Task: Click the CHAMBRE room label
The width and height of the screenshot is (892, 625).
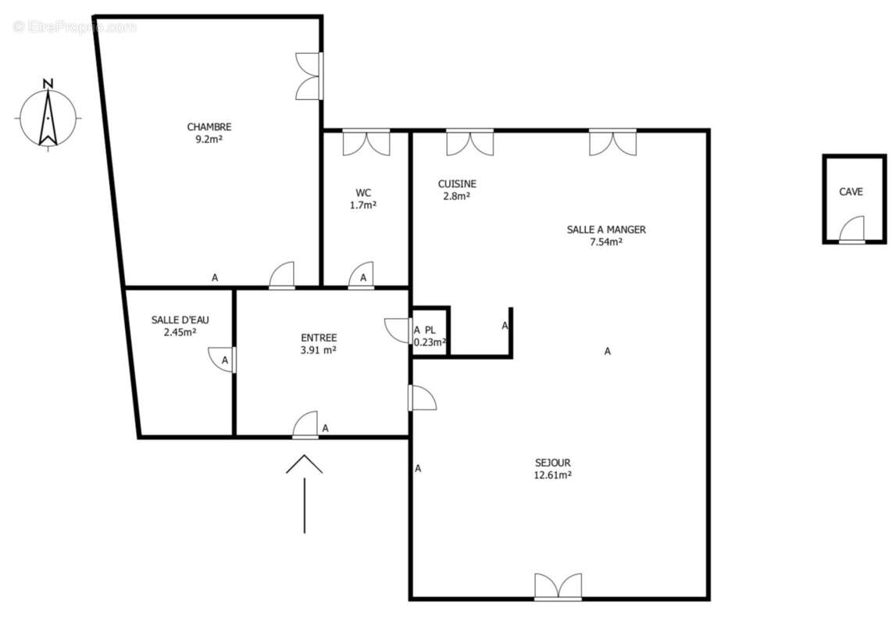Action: pos(209,127)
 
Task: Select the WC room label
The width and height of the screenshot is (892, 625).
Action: pos(363,192)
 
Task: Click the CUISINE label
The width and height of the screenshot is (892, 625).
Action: pos(457,184)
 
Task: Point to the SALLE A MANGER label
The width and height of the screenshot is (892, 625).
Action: pos(605,230)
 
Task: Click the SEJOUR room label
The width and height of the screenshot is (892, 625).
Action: pos(552,462)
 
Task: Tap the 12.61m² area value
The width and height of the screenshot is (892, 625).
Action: pos(552,474)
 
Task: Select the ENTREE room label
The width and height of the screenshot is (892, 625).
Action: pos(319,337)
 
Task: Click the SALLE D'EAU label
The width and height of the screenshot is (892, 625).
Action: pos(180,320)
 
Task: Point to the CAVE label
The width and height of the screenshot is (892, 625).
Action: pos(851,191)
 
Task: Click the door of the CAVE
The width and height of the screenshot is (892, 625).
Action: pos(852,231)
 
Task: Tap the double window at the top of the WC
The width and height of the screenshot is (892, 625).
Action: pos(366,141)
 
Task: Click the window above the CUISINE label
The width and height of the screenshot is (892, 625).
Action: pos(469,141)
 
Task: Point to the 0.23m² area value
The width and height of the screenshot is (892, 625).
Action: pos(430,341)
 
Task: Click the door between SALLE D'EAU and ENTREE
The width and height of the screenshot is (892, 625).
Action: pos(223,359)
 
